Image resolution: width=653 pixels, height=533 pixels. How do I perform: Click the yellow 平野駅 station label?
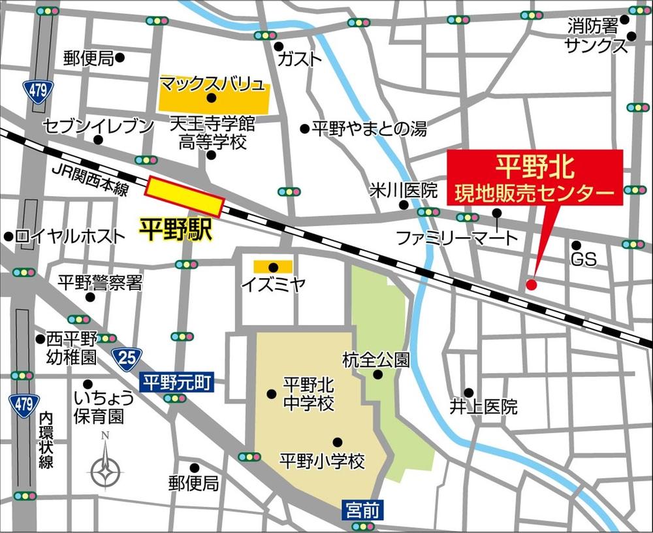tap(176, 230)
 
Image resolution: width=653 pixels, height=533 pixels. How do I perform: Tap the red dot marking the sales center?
tap(531, 284)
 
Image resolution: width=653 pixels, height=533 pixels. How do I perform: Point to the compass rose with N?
tap(105, 467)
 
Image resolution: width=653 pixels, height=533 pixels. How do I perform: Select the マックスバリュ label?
tap(213, 84)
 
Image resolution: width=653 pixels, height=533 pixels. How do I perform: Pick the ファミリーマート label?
tap(457, 238)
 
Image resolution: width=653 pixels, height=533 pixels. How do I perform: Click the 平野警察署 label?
tap(100, 282)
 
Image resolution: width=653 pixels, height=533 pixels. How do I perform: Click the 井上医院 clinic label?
tap(483, 406)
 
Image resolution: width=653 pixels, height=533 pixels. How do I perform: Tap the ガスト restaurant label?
tap(300, 59)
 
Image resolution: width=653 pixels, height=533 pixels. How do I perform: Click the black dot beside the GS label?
tap(576, 245)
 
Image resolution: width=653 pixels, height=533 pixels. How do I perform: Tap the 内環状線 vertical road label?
tap(45, 440)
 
